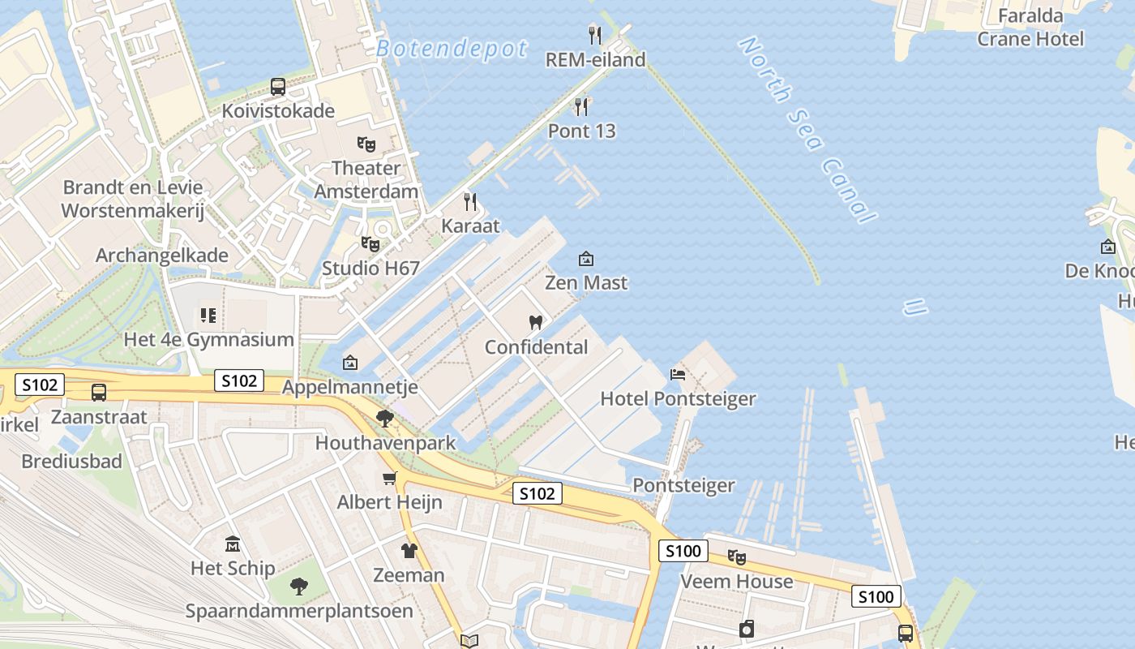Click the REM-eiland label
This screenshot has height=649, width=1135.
595,60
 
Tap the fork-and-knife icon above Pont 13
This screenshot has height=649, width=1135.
581,107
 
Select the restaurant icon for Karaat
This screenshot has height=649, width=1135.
470,202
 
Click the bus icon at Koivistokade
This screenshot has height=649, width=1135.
278,87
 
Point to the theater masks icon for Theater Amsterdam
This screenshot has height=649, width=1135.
366,144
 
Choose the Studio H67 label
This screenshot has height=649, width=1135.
370,268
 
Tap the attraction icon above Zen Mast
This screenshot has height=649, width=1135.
585,259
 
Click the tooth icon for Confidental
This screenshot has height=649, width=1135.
535,322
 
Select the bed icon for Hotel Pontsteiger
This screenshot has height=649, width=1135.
678,374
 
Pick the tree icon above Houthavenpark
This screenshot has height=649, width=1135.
385,419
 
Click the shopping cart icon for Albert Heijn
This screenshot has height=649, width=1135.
390,478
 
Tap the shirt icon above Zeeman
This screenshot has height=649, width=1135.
409,551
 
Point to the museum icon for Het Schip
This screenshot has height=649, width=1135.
233,544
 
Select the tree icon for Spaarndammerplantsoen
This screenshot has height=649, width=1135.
299,586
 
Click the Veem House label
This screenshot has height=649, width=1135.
736,582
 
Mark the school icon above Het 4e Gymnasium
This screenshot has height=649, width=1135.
208,315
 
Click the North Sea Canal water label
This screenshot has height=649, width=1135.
807,130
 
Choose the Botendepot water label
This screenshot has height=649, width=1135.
452,49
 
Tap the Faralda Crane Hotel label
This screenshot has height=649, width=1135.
1030,27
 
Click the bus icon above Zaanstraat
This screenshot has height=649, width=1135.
99,393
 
